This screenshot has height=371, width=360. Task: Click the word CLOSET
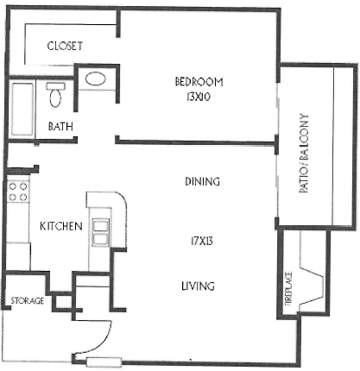[65, 47]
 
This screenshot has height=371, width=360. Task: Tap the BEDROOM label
[199, 82]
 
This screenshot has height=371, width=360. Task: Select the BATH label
[60, 126]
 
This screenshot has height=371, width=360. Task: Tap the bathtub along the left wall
[20, 109]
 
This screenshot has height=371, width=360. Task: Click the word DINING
[201, 182]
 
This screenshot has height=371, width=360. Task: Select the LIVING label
[198, 286]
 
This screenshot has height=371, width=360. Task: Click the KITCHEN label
[60, 226]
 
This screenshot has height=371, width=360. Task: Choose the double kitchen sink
[101, 230]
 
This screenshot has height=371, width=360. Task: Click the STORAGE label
[27, 300]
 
